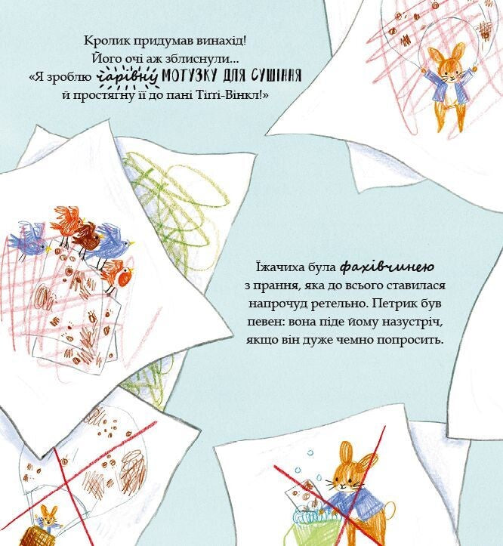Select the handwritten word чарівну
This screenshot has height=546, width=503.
coord(127,76)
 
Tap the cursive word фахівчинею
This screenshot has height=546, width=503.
coord(387,267)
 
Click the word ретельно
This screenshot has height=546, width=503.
coord(339,304)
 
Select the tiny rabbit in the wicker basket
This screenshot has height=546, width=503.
coord(48,518)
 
